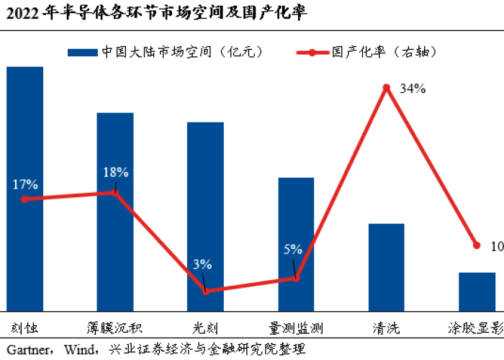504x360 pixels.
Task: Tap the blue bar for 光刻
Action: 205,216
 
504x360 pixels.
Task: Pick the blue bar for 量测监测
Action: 296,244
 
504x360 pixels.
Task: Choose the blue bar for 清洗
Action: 387,267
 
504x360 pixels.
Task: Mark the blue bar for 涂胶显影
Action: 477,292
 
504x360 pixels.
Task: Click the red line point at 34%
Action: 387,88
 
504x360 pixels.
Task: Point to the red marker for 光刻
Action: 206,292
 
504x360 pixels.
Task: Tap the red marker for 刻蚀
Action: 24,199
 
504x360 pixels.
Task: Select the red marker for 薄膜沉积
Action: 115,192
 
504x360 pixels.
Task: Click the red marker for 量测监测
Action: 296,279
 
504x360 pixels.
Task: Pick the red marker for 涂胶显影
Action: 477,245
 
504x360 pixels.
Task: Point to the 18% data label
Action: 115,172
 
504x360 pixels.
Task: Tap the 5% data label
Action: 293,250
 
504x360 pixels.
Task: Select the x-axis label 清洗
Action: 387,327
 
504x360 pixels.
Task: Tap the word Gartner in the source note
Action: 26,350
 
